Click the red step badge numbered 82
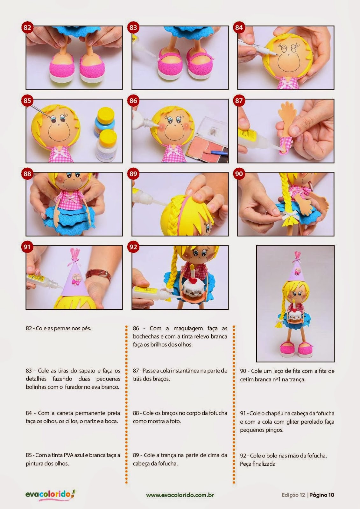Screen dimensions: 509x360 click(x=27, y=28)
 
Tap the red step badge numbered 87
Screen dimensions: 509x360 click(x=239, y=101)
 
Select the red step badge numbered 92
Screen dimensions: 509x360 click(x=133, y=247)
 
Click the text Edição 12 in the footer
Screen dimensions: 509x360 click(x=293, y=495)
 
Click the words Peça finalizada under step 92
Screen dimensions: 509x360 click(x=258, y=464)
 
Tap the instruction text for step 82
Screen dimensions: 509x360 click(x=59, y=328)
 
